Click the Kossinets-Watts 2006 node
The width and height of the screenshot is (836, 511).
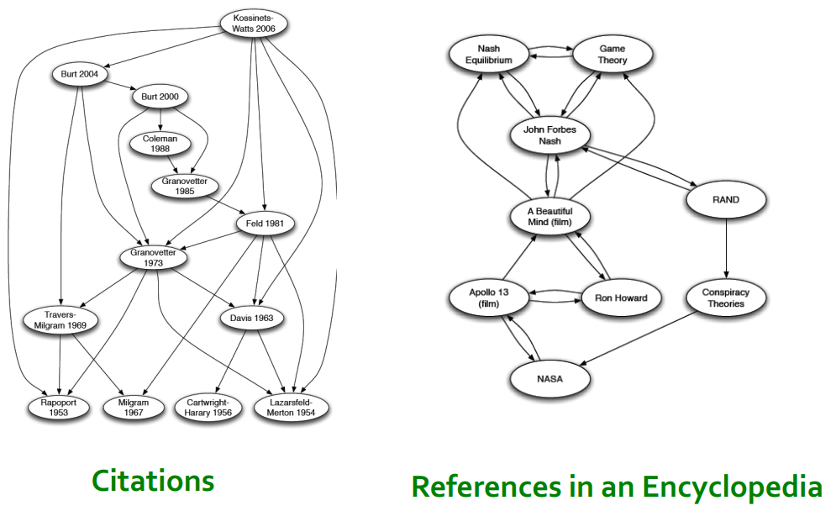(254, 24)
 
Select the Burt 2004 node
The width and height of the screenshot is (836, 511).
(80, 74)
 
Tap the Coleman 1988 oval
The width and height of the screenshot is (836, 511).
(160, 144)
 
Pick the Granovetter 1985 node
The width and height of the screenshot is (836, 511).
(185, 185)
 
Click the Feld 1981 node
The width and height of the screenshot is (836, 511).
(265, 224)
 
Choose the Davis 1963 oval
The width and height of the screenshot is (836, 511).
(252, 319)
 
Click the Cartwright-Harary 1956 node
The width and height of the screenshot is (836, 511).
(208, 408)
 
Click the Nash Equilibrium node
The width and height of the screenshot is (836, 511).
(488, 55)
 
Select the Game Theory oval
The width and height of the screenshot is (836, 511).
(613, 55)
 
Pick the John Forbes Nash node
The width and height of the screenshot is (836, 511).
(550, 135)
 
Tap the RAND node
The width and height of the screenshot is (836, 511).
(726, 199)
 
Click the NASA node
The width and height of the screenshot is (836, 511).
(550, 378)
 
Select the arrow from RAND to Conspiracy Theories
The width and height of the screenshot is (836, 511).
(726, 249)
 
